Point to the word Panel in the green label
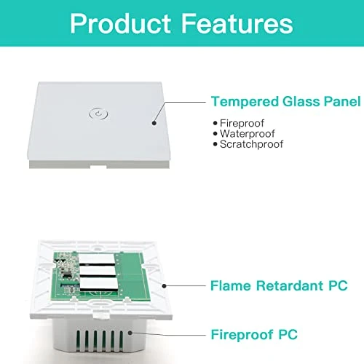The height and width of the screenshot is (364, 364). click(343, 102)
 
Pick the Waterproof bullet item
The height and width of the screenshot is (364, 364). click(244, 133)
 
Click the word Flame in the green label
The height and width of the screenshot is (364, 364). click(231, 287)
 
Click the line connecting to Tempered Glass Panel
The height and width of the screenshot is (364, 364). click(182, 102)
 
